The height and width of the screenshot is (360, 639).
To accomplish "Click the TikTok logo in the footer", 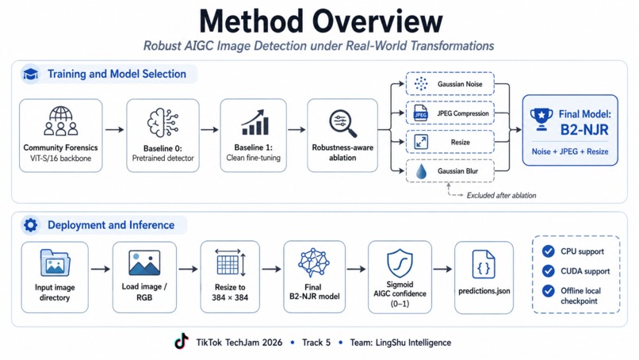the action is click(x=182, y=341).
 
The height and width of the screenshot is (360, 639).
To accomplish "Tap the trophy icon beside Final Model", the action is click(x=541, y=120).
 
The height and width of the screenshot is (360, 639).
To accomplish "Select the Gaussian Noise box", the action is click(x=450, y=83).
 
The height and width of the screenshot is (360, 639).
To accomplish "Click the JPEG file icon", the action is click(x=420, y=113).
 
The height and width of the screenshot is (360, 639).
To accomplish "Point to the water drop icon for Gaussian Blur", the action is click(x=422, y=171).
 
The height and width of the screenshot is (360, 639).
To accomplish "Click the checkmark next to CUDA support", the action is click(x=548, y=271).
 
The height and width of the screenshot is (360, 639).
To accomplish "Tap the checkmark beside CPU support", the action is click(x=548, y=251).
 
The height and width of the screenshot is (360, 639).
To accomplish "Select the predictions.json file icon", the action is click(x=484, y=265).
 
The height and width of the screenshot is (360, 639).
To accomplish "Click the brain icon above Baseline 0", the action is click(x=163, y=122).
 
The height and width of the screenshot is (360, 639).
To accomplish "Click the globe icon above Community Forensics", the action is click(x=61, y=121).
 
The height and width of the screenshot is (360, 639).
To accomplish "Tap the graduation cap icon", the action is click(x=31, y=75).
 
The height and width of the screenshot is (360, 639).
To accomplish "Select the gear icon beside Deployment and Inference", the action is click(x=31, y=224).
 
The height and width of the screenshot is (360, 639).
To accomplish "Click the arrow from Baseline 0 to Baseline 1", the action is click(x=209, y=130).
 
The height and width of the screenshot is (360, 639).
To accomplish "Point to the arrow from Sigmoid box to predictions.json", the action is click(x=442, y=269).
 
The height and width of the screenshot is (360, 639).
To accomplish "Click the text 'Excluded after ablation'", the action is click(x=501, y=195).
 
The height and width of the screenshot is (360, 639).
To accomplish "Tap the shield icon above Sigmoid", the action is click(x=400, y=263).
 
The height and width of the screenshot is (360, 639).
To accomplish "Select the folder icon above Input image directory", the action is click(x=55, y=263).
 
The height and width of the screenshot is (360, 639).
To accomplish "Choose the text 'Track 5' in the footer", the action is click(x=316, y=343).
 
